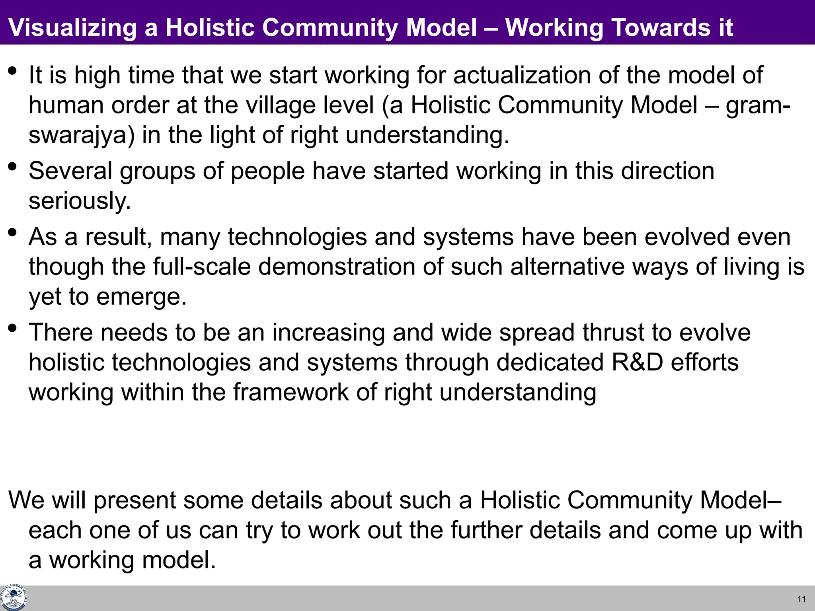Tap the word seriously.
pyautogui.click(x=80, y=201)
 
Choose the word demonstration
pyautogui.click(x=337, y=267)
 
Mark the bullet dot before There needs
pyautogui.click(x=12, y=328)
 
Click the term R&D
pyautogui.click(x=637, y=362)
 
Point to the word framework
pyautogui.click(x=291, y=392)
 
